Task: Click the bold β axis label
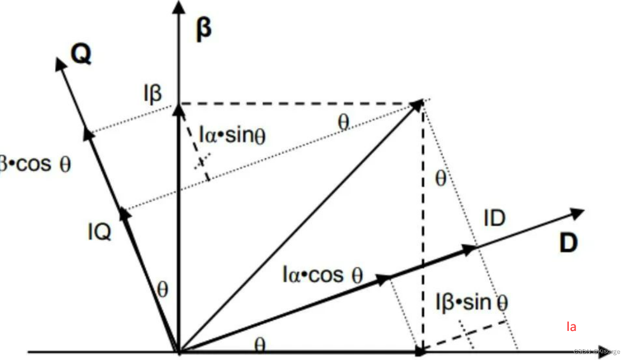click(203, 30)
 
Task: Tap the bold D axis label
click(568, 245)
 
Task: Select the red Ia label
click(571, 327)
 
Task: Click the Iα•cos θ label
click(322, 275)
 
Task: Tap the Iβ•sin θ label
click(472, 302)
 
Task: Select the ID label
click(494, 218)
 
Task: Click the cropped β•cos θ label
click(35, 164)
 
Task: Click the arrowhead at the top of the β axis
click(178, 7)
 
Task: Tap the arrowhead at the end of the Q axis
click(61, 63)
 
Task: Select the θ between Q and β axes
click(162, 290)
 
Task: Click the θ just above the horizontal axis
click(259, 345)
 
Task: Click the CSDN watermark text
click(596, 351)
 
